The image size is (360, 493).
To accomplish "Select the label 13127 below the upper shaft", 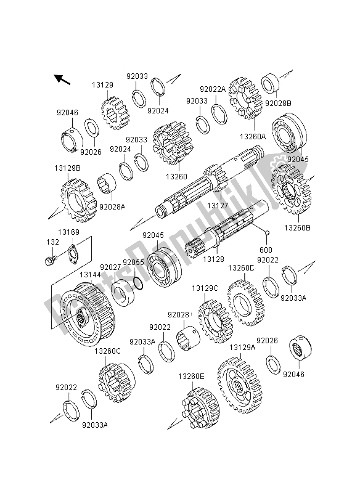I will tap(217, 205).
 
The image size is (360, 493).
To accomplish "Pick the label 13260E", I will tap(191, 376).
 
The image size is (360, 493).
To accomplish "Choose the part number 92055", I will tap(133, 262).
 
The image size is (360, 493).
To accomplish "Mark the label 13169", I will tap(69, 232).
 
